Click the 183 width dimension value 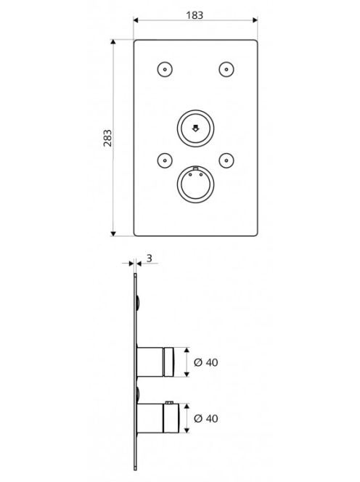coord(195,15)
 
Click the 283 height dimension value coord(107,138)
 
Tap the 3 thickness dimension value coord(149,258)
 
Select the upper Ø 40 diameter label coord(206,362)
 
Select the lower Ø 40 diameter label coord(206,418)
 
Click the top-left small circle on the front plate coord(165,70)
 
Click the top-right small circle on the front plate coord(226,70)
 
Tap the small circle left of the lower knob coord(165,160)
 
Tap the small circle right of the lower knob coord(226,160)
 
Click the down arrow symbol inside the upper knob coord(195,128)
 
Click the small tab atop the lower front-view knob coord(195,168)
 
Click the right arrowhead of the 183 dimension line coord(255,20)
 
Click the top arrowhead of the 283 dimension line coord(113,42)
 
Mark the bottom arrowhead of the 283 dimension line coord(113,234)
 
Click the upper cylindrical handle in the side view coord(155,362)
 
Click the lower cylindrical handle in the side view coord(157,418)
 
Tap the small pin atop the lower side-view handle coord(169,402)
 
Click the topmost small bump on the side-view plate coord(139,302)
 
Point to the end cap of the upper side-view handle coord(169,362)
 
